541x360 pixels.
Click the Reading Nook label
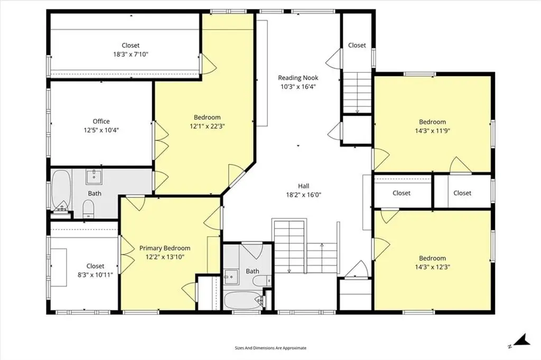pos(298,78)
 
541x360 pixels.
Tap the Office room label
pos(101,121)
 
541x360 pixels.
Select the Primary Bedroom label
pos(165,248)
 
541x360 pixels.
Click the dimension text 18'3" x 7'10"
pos(131,54)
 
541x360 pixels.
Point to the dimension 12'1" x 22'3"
pos(207,126)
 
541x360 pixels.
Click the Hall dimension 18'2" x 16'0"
pos(304,195)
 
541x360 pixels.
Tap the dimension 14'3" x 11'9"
pos(432,131)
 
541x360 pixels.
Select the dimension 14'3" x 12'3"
pos(432,267)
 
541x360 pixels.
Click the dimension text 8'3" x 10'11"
pos(95,275)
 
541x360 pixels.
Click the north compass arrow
pos(521,340)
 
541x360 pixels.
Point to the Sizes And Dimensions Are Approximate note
pos(270,348)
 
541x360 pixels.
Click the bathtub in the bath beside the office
pos(61,189)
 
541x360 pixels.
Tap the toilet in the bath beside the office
pos(89,209)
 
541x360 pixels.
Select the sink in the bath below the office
pos(94,177)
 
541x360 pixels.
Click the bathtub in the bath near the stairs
pos(243,301)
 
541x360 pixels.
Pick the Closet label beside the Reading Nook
pos(357,45)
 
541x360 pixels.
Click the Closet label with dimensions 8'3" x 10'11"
pos(95,266)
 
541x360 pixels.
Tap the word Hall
pos(304,186)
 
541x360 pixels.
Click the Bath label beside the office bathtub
pos(95,193)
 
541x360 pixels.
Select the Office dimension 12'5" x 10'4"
pos(101,130)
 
